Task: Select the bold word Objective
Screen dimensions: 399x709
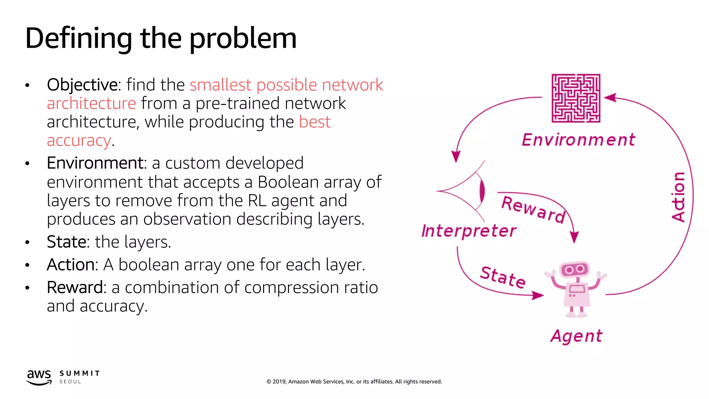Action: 82,85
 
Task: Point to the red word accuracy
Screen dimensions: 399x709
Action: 79,141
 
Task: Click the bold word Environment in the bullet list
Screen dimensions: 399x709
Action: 95,163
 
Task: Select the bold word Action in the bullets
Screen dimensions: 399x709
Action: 71,265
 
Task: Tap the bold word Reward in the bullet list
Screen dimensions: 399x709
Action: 74,287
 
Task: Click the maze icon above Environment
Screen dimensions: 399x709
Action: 576,98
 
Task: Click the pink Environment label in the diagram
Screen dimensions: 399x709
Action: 578,140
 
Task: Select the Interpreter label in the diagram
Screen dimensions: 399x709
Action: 469,231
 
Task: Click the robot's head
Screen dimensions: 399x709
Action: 574,269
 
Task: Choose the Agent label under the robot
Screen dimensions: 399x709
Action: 576,336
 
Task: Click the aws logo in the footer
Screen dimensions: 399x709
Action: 39,377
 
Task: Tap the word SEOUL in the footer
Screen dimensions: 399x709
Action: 70,382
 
